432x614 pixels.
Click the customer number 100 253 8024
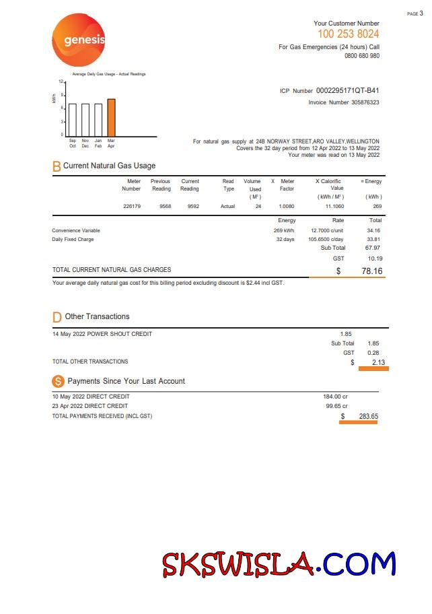[x=348, y=34]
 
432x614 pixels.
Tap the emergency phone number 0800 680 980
[x=361, y=56]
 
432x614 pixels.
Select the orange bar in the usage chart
[x=111, y=117]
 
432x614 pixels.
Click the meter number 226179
[x=132, y=206]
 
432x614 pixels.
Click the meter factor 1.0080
[x=287, y=206]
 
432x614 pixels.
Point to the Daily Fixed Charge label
[x=73, y=239]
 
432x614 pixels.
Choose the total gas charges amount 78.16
[x=372, y=271]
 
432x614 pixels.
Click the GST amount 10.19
[x=375, y=258]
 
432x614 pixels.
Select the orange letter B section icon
[x=57, y=166]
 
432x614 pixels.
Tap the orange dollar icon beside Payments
[x=58, y=381]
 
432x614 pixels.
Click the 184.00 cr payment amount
[x=335, y=397]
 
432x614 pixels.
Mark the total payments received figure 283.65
[x=368, y=416]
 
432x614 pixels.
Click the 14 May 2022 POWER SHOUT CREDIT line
[x=102, y=334]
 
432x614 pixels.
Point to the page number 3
[x=421, y=13]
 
